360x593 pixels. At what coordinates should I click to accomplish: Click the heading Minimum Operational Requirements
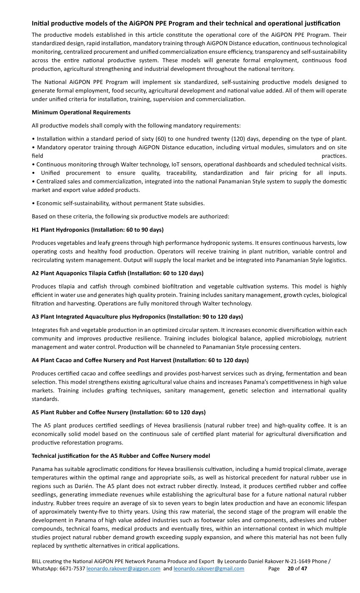[81, 112]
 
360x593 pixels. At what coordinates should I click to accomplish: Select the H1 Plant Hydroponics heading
[97, 230]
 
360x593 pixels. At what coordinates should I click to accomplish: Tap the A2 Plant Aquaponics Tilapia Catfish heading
[117, 273]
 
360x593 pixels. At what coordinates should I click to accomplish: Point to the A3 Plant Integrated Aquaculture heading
[137, 316]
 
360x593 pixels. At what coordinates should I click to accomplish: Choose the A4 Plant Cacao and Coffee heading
[140, 360]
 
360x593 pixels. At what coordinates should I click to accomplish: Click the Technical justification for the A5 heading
[121, 456]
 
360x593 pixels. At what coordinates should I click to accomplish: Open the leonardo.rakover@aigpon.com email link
[123, 568]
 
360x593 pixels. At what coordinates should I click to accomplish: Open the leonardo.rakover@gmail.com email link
[209, 568]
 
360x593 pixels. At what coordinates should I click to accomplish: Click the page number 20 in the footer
[291, 568]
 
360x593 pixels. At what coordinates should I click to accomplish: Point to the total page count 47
[304, 568]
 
